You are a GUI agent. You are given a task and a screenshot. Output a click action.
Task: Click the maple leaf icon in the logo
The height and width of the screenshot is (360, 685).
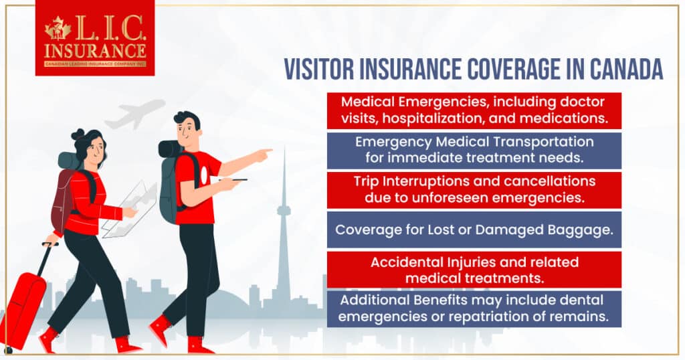58,28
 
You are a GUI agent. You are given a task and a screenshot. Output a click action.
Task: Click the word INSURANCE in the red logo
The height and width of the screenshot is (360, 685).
95,51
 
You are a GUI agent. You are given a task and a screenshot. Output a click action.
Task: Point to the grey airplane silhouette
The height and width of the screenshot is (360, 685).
135,114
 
